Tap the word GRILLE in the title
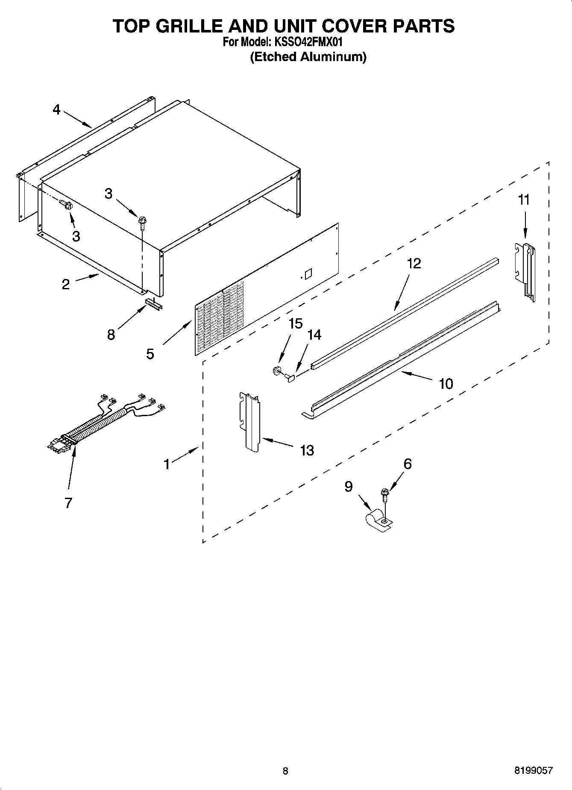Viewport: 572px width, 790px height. tap(190, 26)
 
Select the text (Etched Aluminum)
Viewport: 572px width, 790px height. tap(308, 57)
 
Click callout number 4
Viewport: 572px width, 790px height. tap(56, 110)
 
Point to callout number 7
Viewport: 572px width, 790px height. tap(68, 503)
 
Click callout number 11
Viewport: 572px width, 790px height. tap(524, 200)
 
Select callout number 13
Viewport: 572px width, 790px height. tap(307, 450)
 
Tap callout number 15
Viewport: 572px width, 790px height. tap(296, 323)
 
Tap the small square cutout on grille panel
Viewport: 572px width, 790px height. tap(308, 273)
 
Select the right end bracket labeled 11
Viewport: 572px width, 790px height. tap(525, 270)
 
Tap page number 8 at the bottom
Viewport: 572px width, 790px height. tap(285, 771)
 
